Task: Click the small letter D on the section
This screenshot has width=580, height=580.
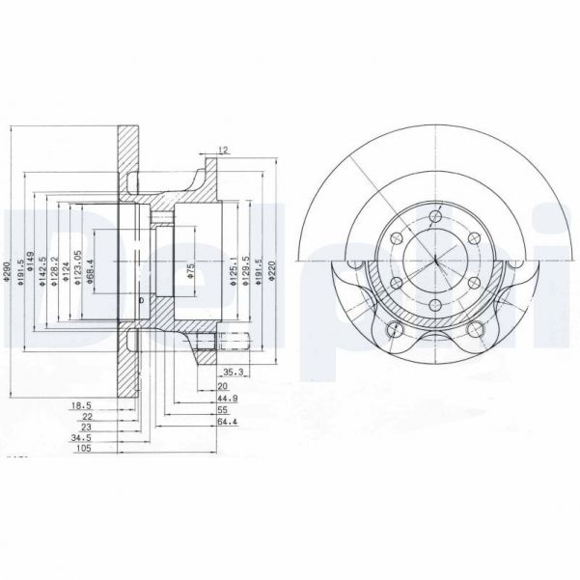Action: click(141, 301)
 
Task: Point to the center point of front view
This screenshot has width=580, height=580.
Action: click(435, 260)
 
